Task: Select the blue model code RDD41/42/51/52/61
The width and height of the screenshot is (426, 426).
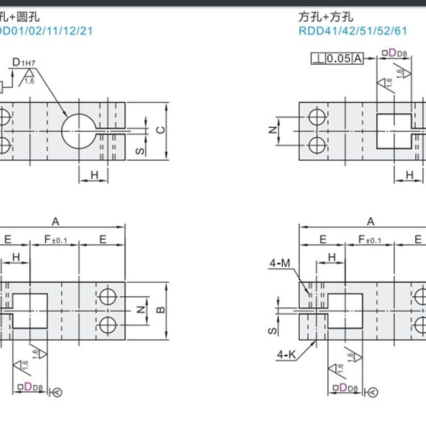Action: point(352,30)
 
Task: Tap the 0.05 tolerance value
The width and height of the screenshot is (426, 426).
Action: point(339,59)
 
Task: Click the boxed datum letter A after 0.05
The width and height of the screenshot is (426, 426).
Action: point(357,59)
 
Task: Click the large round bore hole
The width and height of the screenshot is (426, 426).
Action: point(78,130)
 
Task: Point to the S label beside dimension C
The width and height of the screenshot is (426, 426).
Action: point(138,151)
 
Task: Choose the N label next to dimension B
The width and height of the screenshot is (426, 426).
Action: point(140,309)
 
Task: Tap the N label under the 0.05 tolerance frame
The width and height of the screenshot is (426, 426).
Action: point(272,130)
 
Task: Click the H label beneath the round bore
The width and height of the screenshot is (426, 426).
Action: point(94,175)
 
